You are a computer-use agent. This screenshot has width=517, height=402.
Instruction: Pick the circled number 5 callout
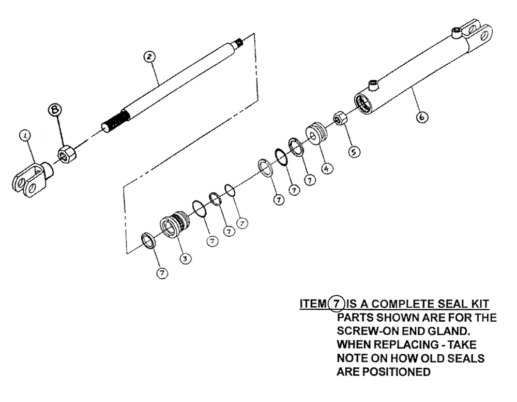click(354, 151)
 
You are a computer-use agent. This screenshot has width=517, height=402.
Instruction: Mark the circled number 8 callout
click(55, 109)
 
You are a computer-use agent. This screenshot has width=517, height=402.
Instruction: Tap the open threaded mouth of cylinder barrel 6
click(364, 102)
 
